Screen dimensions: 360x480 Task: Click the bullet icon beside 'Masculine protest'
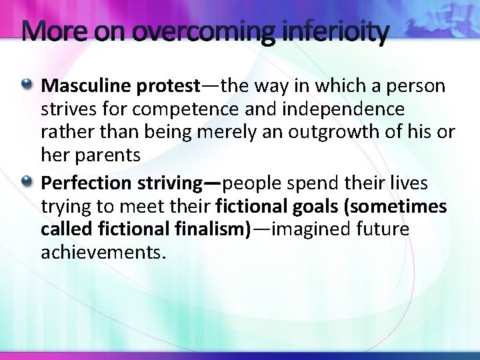tap(28, 85)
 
